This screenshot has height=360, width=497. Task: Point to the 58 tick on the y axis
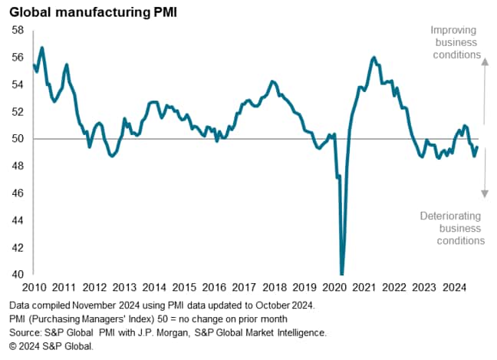(x=18, y=30)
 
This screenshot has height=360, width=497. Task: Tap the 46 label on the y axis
(x=18, y=193)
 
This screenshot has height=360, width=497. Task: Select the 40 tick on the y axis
(x=18, y=274)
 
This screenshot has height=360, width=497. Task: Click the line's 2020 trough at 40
(x=341, y=273)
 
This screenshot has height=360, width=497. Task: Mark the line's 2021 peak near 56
(x=374, y=58)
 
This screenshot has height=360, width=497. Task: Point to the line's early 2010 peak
(x=42, y=48)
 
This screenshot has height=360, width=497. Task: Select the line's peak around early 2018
(x=272, y=81)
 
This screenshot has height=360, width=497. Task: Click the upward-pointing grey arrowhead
(x=485, y=63)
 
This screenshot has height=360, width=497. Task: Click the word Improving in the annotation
(x=454, y=30)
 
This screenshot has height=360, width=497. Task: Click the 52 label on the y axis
(x=18, y=111)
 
